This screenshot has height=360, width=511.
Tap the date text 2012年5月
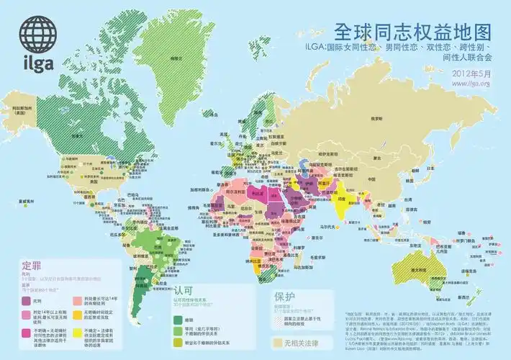472,73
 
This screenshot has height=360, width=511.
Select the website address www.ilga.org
471,84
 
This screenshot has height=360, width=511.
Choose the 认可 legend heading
184,288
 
